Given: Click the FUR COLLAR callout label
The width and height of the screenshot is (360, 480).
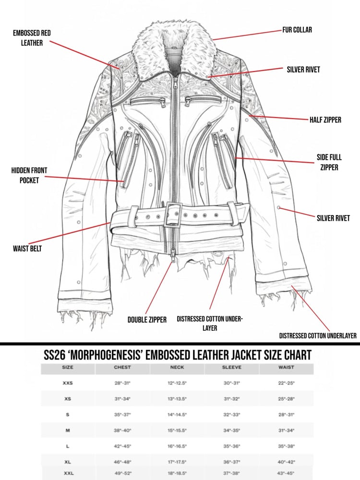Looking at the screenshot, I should (297, 30).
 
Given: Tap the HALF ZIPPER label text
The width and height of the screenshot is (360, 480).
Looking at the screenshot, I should (325, 120).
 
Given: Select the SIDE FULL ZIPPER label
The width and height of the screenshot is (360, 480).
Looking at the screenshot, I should (328, 162).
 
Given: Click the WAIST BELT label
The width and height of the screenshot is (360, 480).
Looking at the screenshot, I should (27, 249).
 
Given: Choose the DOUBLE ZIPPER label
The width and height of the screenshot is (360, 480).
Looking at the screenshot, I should (147, 320).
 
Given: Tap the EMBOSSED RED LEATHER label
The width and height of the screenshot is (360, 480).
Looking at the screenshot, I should (32, 38).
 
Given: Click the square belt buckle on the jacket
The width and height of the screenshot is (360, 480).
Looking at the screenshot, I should (174, 215).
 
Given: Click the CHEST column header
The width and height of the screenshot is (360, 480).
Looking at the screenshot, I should (122, 368).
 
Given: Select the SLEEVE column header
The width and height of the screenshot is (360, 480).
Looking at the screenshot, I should (232, 368).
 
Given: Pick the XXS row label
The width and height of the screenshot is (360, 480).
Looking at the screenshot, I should (68, 384).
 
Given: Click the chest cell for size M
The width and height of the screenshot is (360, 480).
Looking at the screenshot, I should (122, 431).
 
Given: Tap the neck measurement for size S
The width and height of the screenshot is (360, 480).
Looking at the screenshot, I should (177, 415).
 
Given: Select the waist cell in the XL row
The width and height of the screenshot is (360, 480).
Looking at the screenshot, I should (286, 462).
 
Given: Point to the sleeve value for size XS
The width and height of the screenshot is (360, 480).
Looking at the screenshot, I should (232, 399).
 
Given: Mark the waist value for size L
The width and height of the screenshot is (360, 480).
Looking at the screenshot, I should (286, 446).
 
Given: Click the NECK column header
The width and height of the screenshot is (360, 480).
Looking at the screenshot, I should (177, 368).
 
